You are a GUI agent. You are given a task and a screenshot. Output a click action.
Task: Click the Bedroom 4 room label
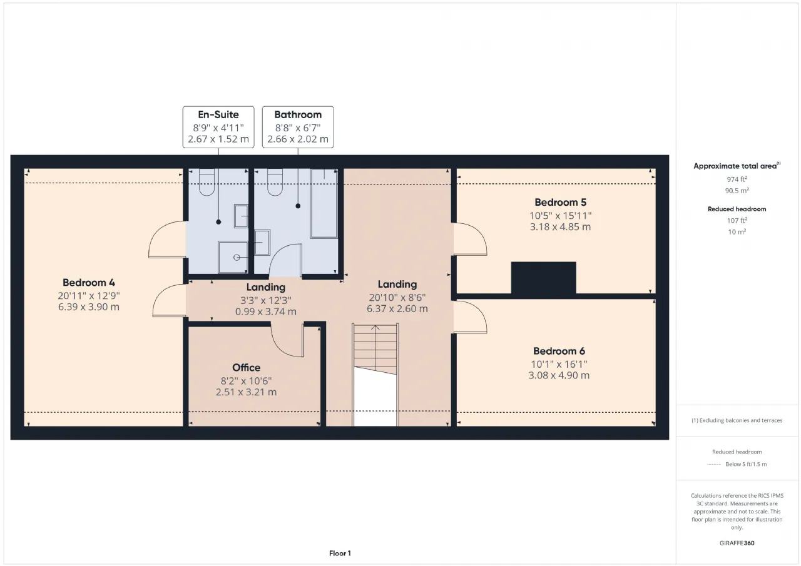click(x=89, y=283)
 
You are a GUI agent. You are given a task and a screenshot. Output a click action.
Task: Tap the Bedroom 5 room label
click(x=560, y=202)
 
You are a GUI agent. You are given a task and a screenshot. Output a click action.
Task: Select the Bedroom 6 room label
click(x=559, y=351)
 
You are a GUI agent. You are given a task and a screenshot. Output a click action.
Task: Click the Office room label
click(x=247, y=367)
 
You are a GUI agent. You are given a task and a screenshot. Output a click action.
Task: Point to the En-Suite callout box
click(x=218, y=127)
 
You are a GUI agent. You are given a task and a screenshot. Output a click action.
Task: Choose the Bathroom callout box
click(x=298, y=127)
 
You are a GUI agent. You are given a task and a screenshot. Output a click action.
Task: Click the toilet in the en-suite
click(x=207, y=182)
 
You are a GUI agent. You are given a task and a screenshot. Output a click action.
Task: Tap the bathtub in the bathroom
click(x=324, y=204)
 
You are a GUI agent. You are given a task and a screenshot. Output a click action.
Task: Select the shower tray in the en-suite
click(x=233, y=257)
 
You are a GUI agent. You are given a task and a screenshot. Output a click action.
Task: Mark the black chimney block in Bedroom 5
click(x=544, y=279)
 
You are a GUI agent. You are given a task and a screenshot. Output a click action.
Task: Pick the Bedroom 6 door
click(x=471, y=317)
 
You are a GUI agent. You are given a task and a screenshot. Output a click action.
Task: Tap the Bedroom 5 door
click(x=471, y=239)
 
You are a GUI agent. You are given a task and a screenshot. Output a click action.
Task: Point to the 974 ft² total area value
click(x=737, y=179)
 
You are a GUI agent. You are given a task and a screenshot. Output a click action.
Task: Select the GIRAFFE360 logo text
click(x=737, y=543)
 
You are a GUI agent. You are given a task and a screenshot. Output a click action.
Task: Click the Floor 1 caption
click(x=340, y=553)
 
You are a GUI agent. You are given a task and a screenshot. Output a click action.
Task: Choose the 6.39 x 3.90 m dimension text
click(x=89, y=307)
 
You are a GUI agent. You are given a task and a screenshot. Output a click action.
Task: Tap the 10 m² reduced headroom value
click(x=737, y=232)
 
